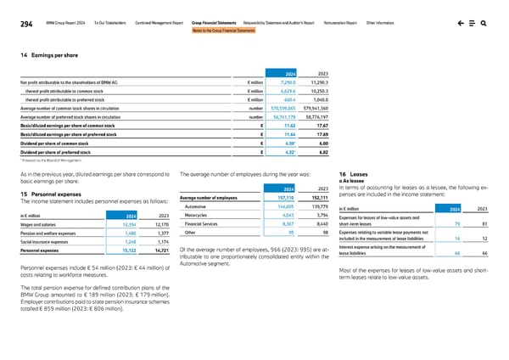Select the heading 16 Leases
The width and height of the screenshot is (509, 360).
coord(350,172)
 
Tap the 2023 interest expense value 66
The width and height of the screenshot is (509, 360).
coord(482,253)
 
